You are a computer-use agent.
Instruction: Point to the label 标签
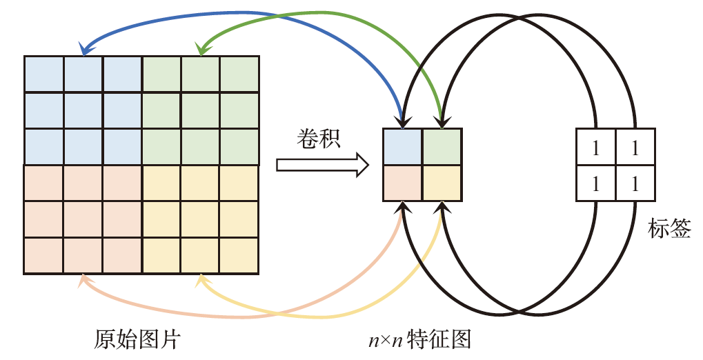[669, 229]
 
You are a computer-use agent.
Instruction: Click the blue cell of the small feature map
[402, 146]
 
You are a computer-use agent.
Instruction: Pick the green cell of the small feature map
[442, 146]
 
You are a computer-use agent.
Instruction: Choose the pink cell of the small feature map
[402, 183]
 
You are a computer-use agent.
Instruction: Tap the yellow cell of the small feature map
[442, 183]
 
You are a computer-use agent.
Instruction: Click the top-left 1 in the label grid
[595, 148]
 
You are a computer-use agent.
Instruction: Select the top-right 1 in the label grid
[634, 148]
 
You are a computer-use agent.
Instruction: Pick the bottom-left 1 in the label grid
[595, 183]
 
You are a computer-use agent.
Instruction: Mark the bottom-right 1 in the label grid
[634, 183]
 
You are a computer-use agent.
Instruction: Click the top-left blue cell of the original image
[44, 73]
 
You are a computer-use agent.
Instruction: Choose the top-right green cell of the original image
[239, 73]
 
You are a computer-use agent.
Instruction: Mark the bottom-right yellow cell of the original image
[239, 256]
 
